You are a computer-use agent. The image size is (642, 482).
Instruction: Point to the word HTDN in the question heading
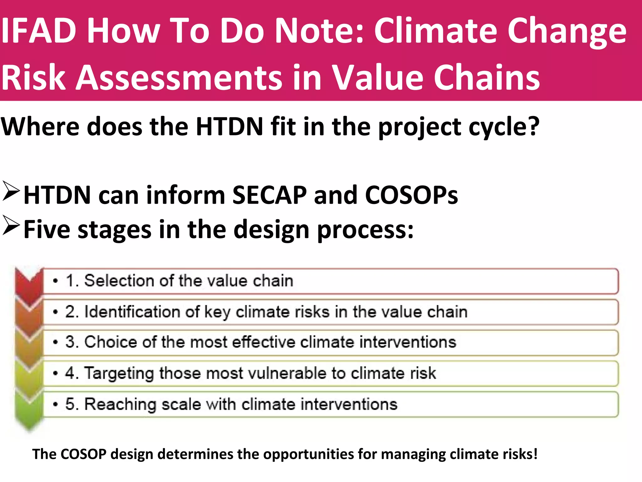pos(229,126)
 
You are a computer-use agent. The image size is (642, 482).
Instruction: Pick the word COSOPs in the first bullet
pos(411,195)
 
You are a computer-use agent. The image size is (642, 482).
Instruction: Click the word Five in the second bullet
pos(47,229)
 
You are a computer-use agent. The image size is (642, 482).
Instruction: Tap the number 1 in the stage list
pos(70,281)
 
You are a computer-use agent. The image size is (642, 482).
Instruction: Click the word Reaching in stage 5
pos(120,404)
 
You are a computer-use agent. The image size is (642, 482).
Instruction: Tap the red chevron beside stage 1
pos(29,284)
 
